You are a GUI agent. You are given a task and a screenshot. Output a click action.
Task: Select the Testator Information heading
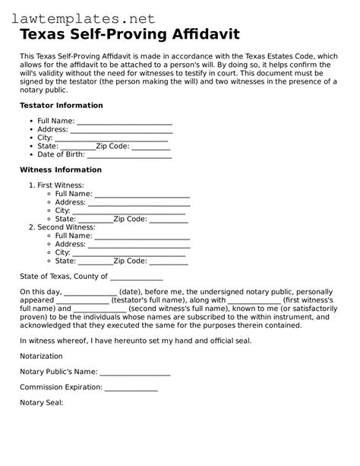coord(62,105)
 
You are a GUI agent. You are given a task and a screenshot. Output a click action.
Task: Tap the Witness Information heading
coord(60,170)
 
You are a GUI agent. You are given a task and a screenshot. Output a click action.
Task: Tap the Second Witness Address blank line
coord(139,245)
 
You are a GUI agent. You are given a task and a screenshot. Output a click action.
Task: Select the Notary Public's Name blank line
coord(135,373)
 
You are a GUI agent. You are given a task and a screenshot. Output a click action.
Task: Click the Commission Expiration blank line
coord(131,388)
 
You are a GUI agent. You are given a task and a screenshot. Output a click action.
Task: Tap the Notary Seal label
coord(42,402)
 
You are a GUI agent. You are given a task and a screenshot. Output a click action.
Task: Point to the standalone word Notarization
coord(42,356)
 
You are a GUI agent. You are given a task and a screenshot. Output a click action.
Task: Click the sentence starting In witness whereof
coord(135,341)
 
